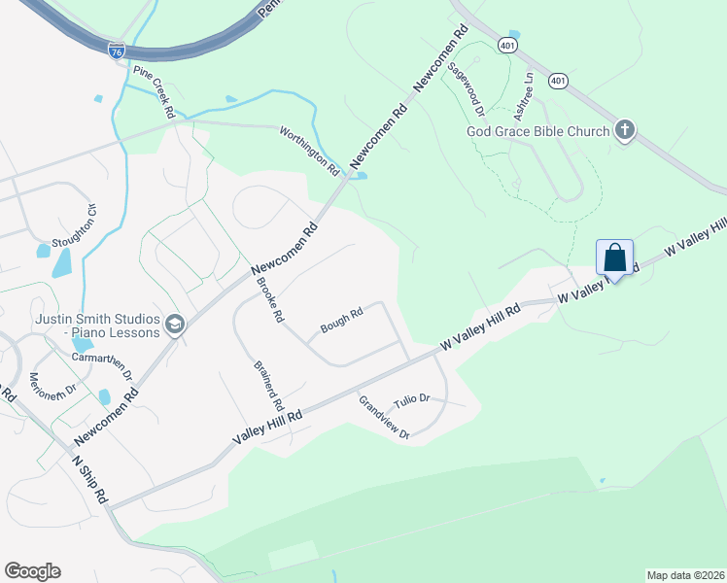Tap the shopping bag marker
coord(614,258)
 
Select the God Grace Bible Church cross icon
coord(625,130)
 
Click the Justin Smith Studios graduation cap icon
coord(175,325)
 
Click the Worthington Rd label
coord(308,150)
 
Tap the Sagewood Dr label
coord(466,89)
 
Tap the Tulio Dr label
coord(411,401)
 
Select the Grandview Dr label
coord(384,418)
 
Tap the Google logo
coord(32,570)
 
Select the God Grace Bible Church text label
coord(537,131)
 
